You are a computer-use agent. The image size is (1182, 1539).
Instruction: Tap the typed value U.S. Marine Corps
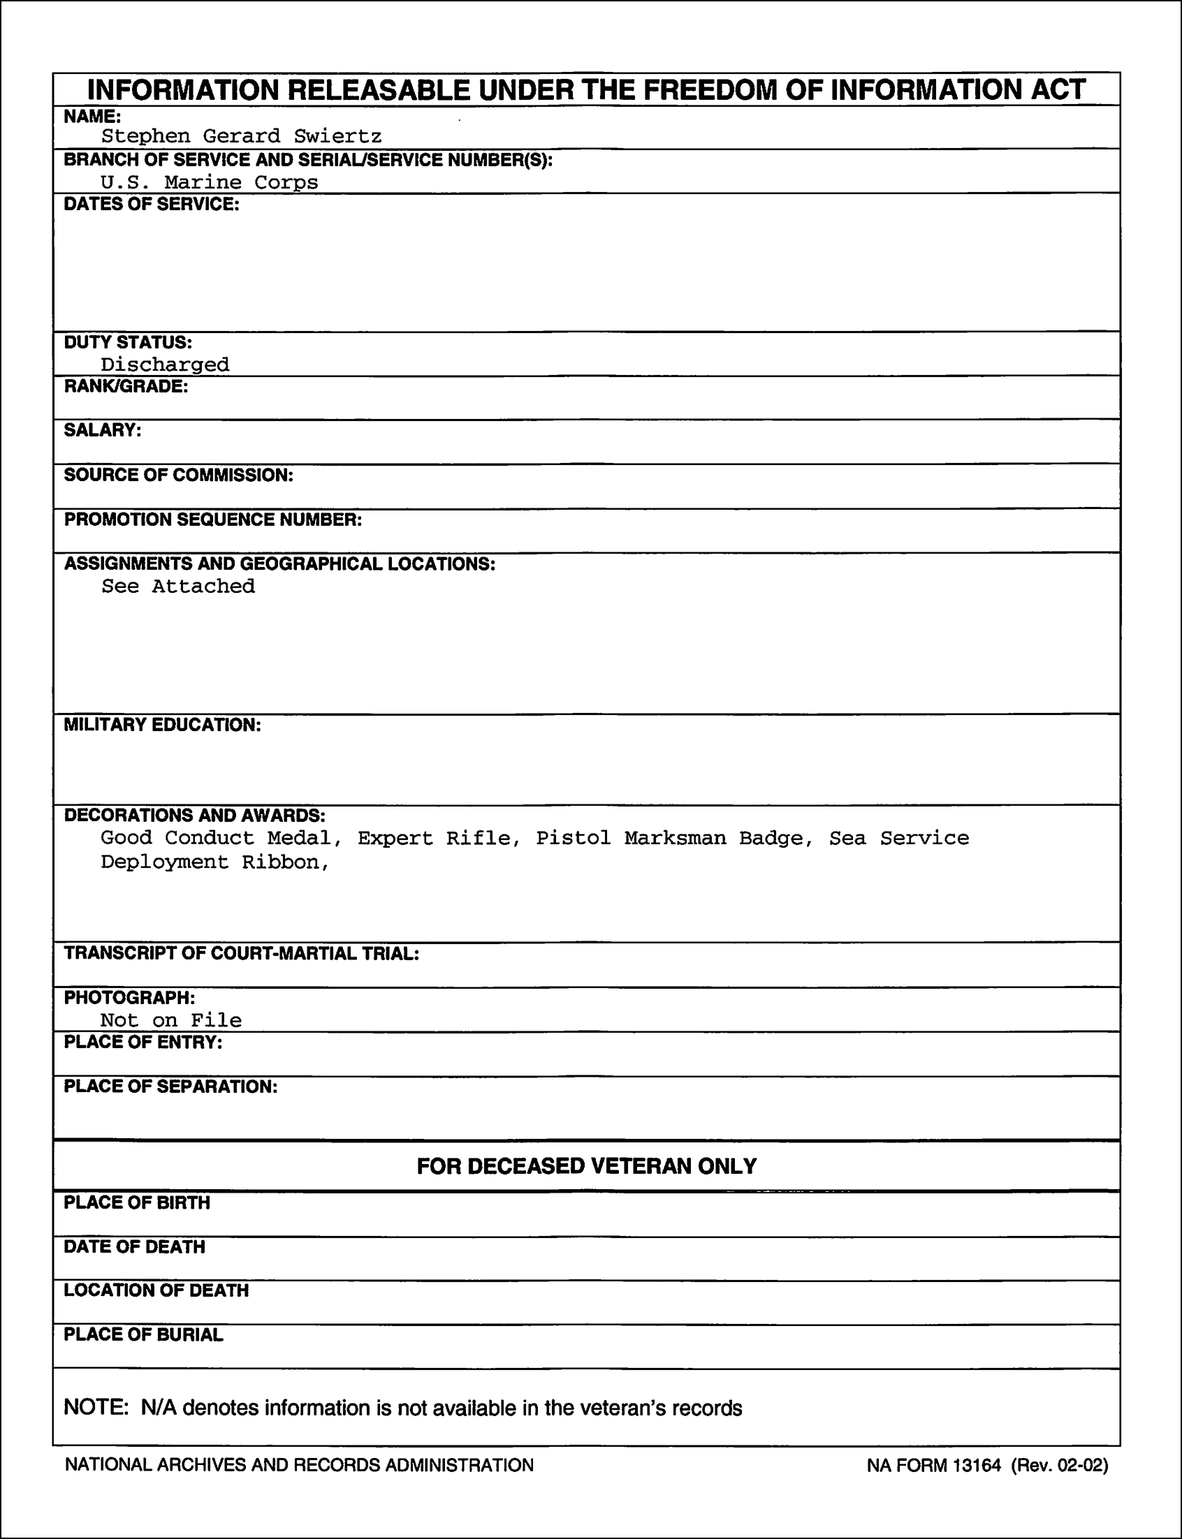tap(209, 182)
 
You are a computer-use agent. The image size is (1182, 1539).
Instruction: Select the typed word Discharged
tap(165, 364)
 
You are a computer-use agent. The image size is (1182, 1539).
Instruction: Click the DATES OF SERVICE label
tap(152, 205)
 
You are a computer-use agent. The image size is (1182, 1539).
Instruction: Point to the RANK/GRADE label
tap(126, 387)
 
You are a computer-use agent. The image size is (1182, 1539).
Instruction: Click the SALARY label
tap(103, 430)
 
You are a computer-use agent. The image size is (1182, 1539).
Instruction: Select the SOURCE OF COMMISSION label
tap(179, 476)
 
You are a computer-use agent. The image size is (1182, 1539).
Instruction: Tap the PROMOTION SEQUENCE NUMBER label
tap(213, 520)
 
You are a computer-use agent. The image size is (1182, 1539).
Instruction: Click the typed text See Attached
tap(178, 586)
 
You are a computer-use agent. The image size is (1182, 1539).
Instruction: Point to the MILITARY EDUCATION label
tap(163, 725)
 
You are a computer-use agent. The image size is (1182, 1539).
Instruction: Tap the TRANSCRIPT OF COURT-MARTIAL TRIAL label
tap(241, 953)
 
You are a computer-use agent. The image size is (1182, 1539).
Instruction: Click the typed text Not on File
tap(171, 1019)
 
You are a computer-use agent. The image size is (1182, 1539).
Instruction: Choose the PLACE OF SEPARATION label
tap(170, 1087)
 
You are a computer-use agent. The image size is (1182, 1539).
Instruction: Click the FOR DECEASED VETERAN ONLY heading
tap(586, 1165)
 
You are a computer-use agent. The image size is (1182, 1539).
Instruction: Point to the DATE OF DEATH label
tap(134, 1246)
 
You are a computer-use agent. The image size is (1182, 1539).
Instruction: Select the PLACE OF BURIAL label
tap(143, 1334)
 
